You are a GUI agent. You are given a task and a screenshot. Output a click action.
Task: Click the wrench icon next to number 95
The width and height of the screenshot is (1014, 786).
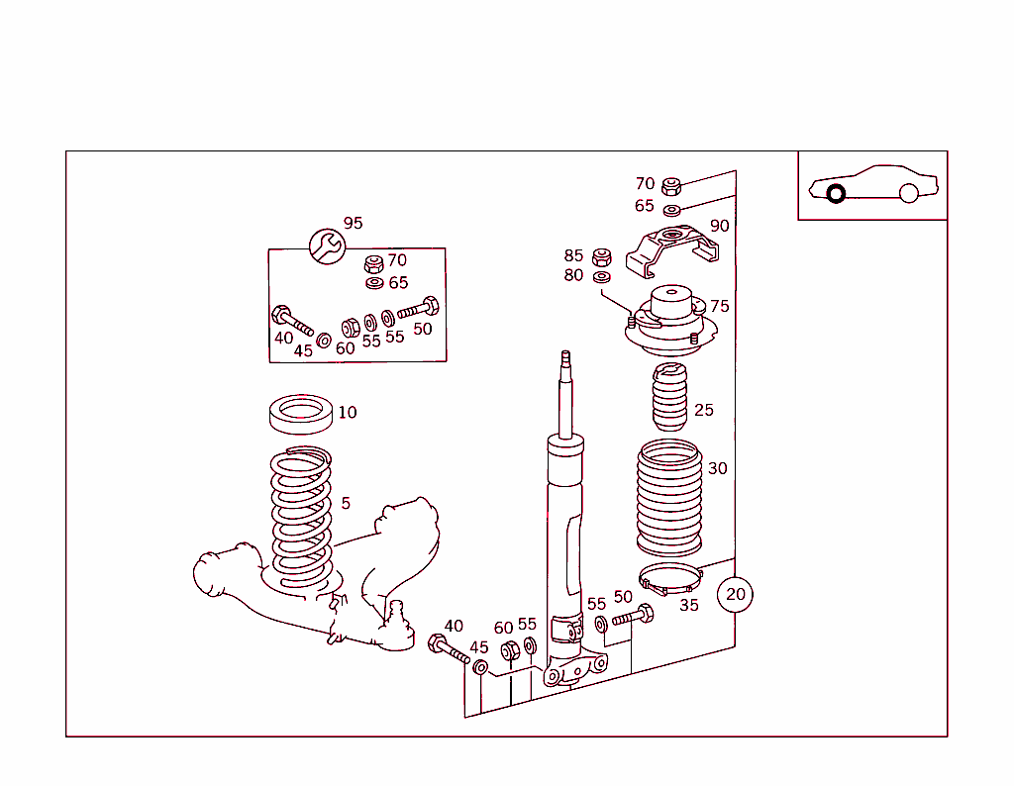click(326, 246)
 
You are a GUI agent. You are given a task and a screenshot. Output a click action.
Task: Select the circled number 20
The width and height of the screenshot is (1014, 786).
click(735, 594)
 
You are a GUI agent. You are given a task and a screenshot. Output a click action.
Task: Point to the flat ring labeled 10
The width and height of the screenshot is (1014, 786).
click(300, 413)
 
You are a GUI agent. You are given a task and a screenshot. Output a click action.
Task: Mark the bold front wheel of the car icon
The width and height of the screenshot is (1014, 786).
click(836, 193)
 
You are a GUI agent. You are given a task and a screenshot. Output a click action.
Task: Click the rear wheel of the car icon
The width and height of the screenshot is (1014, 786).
click(909, 193)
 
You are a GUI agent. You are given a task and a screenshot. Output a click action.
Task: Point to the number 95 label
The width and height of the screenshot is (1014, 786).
click(353, 223)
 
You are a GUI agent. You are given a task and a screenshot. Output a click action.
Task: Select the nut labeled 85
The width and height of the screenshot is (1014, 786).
click(600, 257)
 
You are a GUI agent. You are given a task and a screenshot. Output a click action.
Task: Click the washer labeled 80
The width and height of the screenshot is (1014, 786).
click(601, 276)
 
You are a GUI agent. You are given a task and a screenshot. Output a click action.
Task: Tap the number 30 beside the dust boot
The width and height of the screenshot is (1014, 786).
click(717, 468)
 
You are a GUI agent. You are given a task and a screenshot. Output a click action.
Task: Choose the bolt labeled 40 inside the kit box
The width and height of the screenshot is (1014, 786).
click(291, 319)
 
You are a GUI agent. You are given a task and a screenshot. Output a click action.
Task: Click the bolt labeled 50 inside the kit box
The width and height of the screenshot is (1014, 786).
click(418, 309)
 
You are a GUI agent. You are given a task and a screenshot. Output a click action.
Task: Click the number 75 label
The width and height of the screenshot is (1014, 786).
click(719, 306)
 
